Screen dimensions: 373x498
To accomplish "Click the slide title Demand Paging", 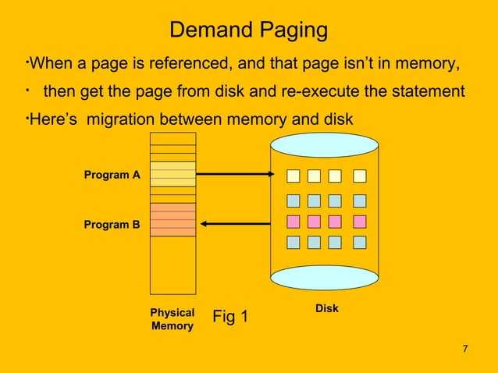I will tap(248, 30).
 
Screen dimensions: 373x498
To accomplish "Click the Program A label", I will tap(112, 175).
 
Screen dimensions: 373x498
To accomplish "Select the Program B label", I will tap(112, 225).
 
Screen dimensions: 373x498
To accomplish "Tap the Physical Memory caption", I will tap(172, 319).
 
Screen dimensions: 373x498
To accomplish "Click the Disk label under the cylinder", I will tap(326, 308).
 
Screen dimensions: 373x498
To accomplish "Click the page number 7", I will tap(465, 348).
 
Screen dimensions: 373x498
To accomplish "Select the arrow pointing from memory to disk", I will tap(234, 174).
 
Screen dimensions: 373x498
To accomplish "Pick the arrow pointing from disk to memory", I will tap(234, 224).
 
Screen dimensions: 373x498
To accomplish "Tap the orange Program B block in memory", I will tap(173, 219).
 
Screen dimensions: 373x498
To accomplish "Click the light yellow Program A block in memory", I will tap(173, 173).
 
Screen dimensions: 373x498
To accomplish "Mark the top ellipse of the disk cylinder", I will tap(324, 145).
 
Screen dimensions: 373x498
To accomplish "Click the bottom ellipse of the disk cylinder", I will tap(324, 276).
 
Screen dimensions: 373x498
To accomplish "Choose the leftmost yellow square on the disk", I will tap(293, 176).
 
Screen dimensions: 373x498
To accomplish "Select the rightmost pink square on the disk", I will tap(359, 222).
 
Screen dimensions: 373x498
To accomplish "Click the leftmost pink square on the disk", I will tap(293, 222).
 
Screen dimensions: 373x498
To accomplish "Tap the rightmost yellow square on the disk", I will tap(359, 176).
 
